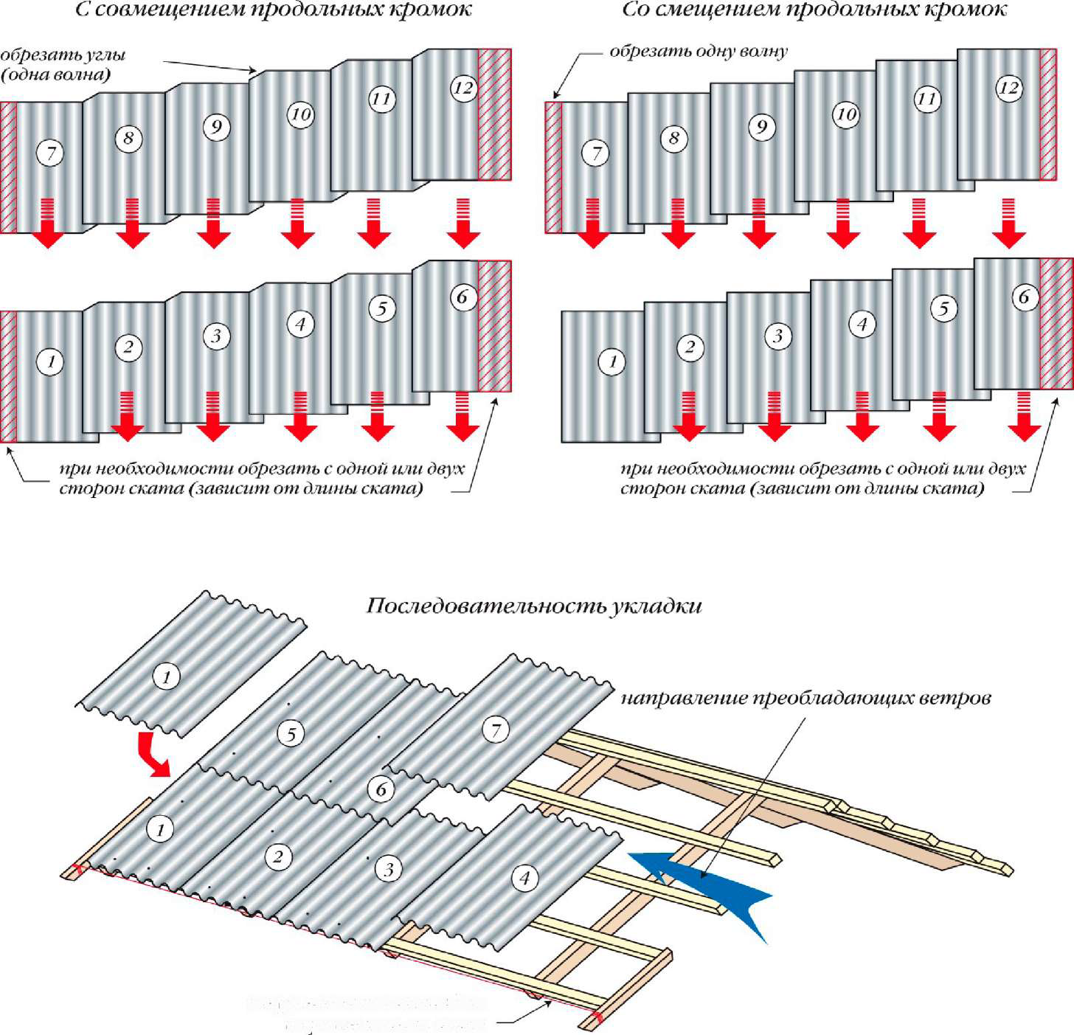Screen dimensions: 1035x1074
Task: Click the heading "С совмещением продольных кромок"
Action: coord(273,10)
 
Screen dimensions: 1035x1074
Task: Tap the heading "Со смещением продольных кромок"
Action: coord(814,10)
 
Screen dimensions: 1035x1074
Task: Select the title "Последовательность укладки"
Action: coord(533,606)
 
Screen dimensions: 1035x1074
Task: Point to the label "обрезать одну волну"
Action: coord(698,52)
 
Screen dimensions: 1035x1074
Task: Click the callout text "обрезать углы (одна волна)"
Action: coord(62,64)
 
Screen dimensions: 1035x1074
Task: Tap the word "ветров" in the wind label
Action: coord(955,698)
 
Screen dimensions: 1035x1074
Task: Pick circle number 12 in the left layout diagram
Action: coord(463,88)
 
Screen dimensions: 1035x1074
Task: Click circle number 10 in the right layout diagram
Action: coord(846,114)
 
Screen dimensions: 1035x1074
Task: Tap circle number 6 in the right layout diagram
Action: coord(1024,297)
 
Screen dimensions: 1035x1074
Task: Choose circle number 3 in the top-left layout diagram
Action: coord(216,336)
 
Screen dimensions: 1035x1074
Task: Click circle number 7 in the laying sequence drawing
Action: coord(496,730)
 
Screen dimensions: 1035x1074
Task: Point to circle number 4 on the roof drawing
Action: coord(524,878)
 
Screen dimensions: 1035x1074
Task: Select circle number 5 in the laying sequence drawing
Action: coord(291,733)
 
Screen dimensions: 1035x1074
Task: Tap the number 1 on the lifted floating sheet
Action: coord(166,676)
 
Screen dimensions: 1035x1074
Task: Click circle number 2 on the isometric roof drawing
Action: coord(278,856)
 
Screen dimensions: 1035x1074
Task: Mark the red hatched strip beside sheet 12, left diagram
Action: coord(494,114)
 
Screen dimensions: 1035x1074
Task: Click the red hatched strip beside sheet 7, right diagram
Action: coord(553,167)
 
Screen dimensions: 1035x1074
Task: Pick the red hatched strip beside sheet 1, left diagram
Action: coord(8,376)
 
